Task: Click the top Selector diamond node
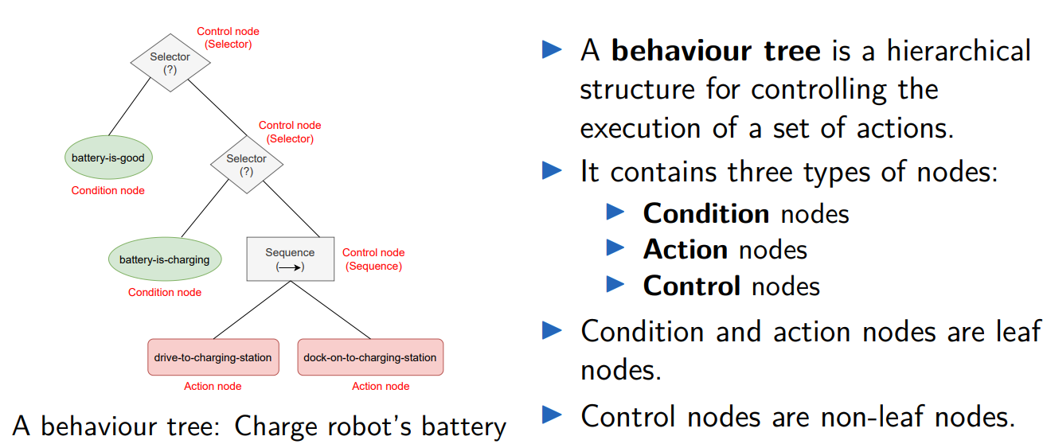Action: [170, 63]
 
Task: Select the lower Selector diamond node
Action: [247, 165]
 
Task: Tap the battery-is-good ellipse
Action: [108, 158]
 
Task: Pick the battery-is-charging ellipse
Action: [165, 259]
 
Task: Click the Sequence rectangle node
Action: [290, 259]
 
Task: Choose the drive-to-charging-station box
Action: [213, 357]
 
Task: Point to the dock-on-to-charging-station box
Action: [370, 357]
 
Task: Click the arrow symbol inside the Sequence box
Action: [291, 267]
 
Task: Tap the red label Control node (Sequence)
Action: [373, 259]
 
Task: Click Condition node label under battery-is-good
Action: [108, 190]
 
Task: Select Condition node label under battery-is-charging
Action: [165, 292]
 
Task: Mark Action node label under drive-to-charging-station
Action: [213, 386]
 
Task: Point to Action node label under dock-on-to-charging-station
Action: [381, 386]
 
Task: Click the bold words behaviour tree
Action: [716, 51]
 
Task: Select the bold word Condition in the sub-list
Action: [705, 213]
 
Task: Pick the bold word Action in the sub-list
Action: [685, 249]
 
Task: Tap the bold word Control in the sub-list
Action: [691, 285]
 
